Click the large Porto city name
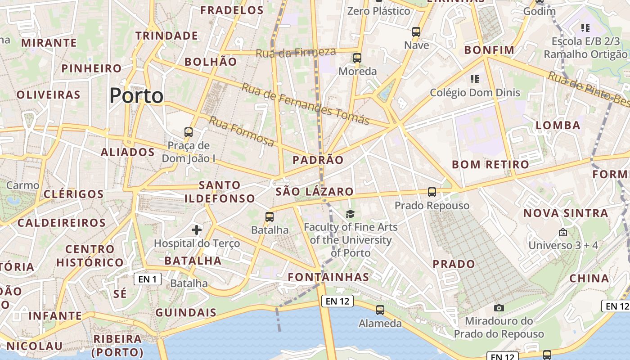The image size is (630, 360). (x=136, y=95)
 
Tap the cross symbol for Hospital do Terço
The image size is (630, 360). (x=197, y=230)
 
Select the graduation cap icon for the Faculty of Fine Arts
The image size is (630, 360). (x=350, y=214)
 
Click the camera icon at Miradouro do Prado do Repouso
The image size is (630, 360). (x=499, y=308)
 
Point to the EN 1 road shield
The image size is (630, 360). (x=148, y=279)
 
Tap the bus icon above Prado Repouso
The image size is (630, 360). (x=432, y=192)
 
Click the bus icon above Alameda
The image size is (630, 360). (x=380, y=310)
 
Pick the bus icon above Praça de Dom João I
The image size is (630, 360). (x=189, y=132)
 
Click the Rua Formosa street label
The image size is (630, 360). (x=242, y=131)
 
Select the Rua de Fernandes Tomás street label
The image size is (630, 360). (x=305, y=103)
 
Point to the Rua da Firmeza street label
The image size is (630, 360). (x=296, y=52)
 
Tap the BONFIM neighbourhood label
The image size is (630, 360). (x=489, y=49)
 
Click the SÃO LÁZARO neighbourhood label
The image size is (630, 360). (x=315, y=192)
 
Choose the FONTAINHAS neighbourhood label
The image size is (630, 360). (x=328, y=277)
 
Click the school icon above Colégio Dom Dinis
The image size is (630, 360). (x=474, y=79)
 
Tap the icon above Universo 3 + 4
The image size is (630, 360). (x=562, y=232)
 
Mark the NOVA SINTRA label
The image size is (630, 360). (x=566, y=213)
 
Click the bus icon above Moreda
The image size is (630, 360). (x=357, y=58)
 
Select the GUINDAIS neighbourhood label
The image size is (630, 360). (x=186, y=312)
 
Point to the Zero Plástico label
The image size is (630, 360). (x=378, y=11)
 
